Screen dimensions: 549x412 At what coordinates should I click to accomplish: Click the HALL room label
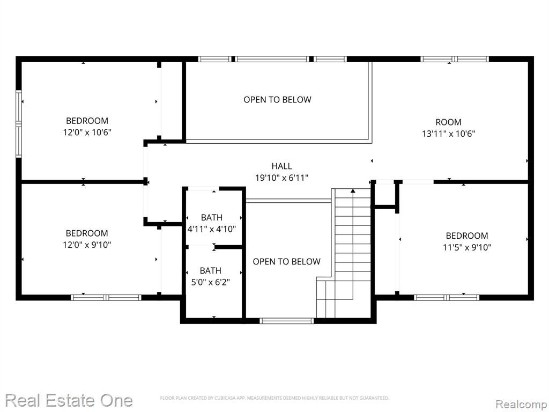[281, 166]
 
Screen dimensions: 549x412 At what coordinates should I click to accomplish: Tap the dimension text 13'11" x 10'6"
[449, 134]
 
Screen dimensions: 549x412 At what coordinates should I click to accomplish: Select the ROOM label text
[448, 122]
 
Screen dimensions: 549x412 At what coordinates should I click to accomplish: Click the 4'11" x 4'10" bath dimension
[211, 229]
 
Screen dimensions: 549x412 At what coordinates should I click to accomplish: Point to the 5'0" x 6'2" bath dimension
[210, 282]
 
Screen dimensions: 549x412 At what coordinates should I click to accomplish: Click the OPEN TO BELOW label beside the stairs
[286, 261]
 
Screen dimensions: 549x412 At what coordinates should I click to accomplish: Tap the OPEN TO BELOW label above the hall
[277, 99]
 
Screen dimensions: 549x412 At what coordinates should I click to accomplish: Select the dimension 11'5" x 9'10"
[467, 247]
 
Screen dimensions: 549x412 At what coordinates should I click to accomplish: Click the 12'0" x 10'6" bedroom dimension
[87, 133]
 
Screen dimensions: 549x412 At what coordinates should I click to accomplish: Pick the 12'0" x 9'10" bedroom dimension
[87, 245]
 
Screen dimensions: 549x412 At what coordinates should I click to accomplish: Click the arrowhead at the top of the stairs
[353, 191]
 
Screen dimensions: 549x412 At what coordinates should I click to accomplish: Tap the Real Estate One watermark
[69, 400]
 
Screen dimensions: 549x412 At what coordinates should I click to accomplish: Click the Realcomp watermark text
[522, 404]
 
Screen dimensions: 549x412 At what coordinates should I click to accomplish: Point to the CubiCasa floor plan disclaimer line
[274, 398]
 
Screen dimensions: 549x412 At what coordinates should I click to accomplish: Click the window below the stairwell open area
[287, 321]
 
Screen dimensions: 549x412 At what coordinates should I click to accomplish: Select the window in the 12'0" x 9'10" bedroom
[106, 297]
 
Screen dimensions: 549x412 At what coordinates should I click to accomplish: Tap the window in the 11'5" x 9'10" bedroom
[447, 297]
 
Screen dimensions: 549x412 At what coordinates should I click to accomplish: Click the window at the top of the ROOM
[455, 59]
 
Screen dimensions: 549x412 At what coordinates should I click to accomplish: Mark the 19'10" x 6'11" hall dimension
[281, 178]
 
